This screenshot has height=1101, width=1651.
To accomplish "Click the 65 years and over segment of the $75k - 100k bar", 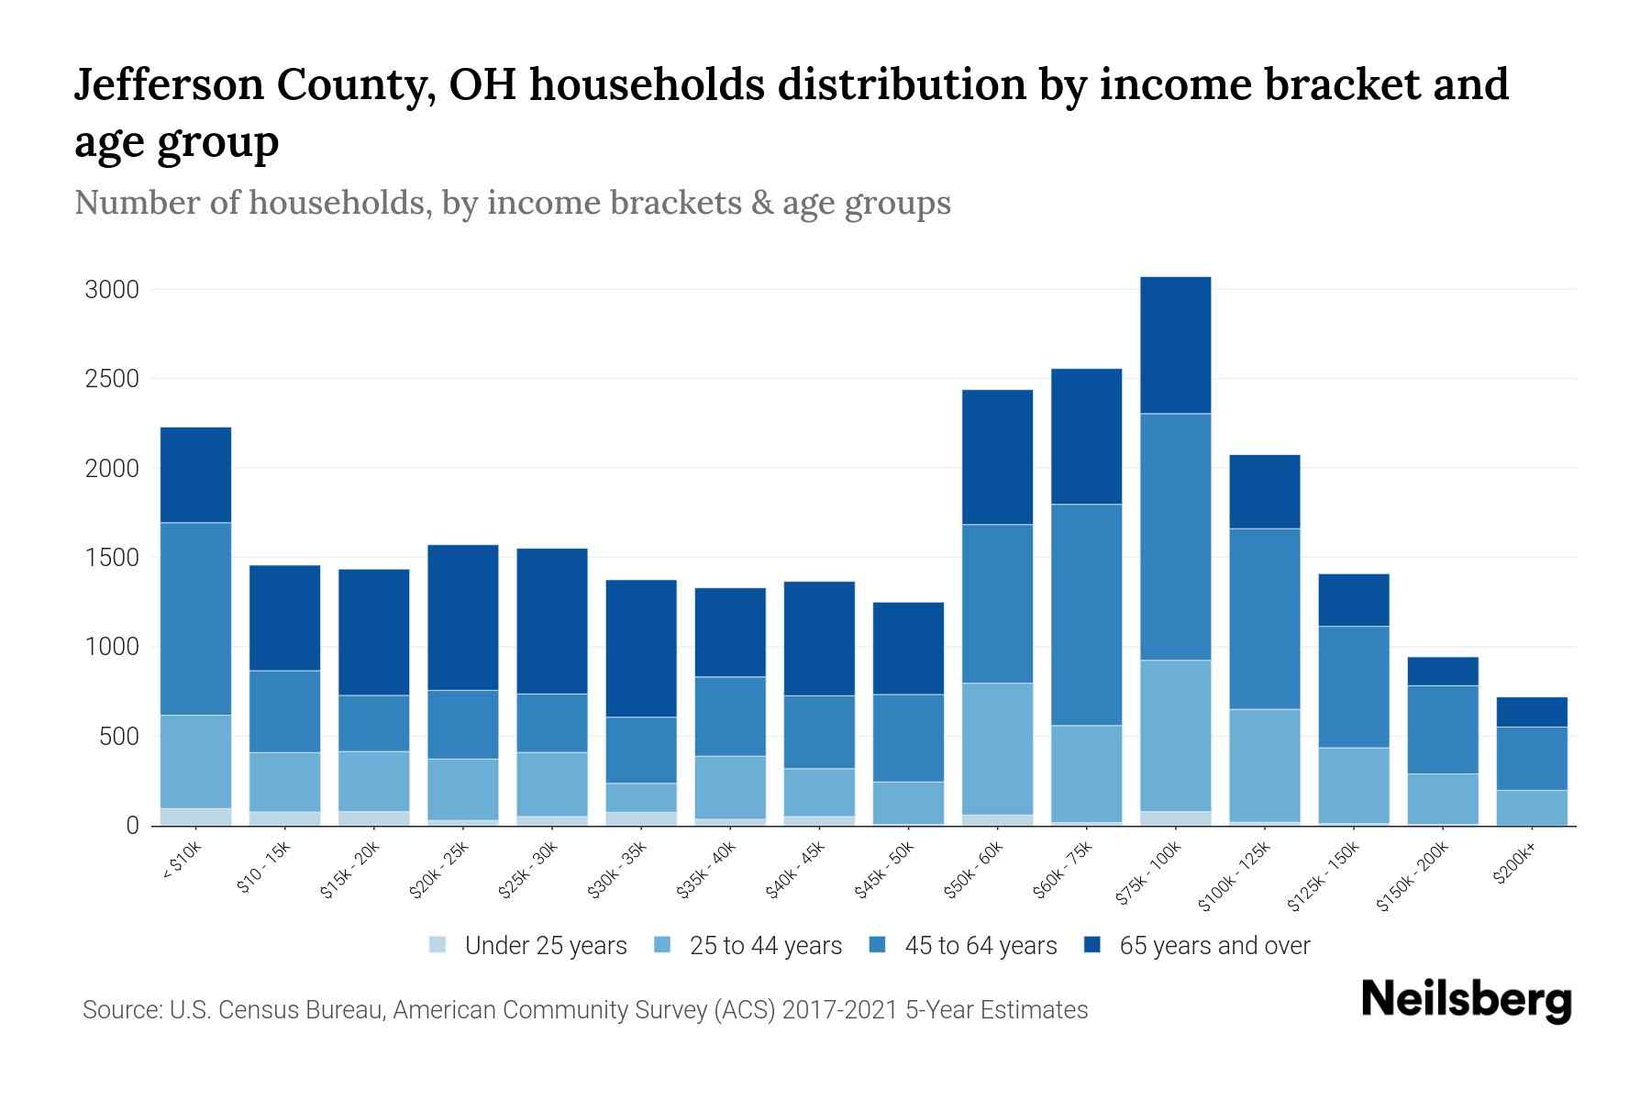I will point(1175,345).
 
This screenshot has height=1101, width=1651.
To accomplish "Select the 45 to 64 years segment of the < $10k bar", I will point(195,618).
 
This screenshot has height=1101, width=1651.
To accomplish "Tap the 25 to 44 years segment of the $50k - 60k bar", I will point(997,749).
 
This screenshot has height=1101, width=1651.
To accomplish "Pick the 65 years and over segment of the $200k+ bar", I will point(1531,712).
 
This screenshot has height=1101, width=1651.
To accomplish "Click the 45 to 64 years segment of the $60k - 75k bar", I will point(1086,615).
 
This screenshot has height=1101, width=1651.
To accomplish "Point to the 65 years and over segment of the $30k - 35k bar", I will point(641,648).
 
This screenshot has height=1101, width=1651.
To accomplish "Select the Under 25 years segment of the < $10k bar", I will point(195,817).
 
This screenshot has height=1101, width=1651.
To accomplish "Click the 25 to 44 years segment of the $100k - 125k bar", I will point(1264,765).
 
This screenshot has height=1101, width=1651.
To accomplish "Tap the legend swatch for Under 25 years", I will point(438,945).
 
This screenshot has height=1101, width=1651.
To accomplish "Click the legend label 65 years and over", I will point(1214,946).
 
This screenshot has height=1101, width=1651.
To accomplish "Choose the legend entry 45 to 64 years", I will point(981,946).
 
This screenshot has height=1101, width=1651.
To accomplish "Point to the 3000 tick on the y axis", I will point(112,290).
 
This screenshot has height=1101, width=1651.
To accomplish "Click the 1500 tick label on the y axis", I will point(112,558).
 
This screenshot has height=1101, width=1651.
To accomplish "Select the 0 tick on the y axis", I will point(132,826).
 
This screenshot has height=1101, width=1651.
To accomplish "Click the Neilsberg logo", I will point(1466,1001).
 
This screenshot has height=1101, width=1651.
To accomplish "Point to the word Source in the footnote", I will point(120,1010).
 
